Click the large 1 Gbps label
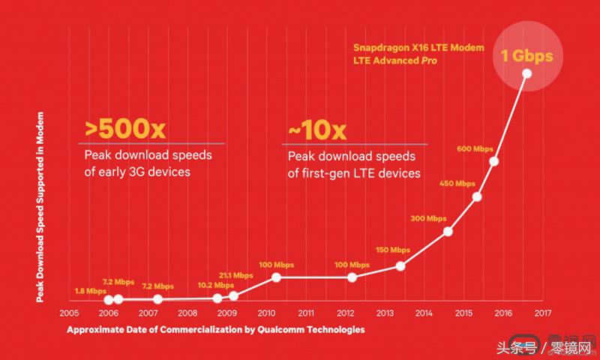526,55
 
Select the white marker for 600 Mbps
494,161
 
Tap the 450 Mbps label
457,184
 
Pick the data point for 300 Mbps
448,231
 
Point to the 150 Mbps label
393,250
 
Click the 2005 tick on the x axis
69,313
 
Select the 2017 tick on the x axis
543,313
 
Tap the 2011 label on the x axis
306,313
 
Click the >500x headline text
125,129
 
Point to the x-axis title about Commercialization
216,329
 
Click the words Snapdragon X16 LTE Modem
419,47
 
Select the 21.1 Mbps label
236,275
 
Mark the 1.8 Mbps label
91,290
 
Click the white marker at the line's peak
526,73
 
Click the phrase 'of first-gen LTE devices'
354,173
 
